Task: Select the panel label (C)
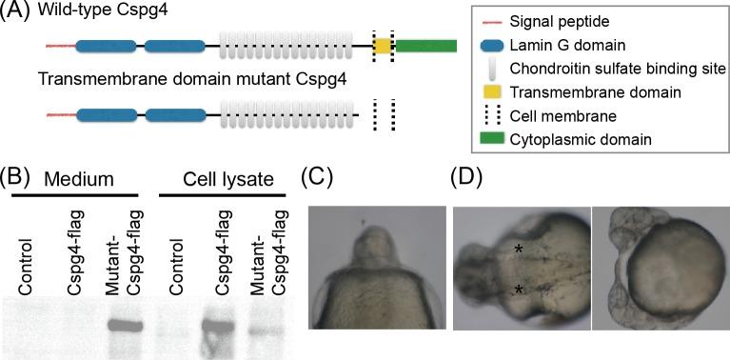click(x=318, y=178)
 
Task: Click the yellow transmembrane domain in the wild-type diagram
click(x=383, y=46)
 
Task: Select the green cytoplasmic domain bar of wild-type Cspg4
click(x=425, y=46)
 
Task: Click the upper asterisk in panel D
click(x=520, y=250)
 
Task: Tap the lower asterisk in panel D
click(x=520, y=288)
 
